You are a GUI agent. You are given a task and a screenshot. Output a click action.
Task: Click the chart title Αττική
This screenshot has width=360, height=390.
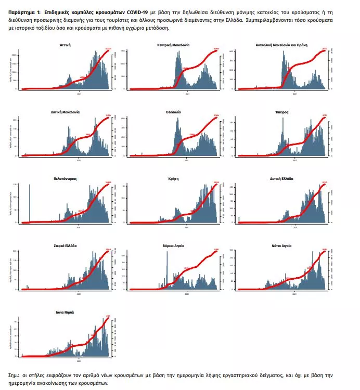[x=65, y=45]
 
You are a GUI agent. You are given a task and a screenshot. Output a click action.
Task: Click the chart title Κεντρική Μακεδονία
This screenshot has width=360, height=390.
[x=173, y=45]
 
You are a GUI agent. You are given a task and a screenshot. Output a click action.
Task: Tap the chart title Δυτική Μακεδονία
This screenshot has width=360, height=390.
[x=65, y=112]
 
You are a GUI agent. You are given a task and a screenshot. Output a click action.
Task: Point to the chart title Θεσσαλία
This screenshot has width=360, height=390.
[x=173, y=112]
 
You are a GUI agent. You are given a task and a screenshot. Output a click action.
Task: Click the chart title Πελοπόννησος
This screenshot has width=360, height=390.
[x=65, y=178]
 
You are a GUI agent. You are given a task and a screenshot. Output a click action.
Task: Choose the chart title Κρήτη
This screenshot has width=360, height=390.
[x=173, y=178]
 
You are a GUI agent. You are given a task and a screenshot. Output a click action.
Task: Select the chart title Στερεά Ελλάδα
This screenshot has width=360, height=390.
[x=65, y=245]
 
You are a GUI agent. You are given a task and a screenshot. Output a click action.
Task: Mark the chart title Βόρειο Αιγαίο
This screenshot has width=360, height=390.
[x=173, y=245]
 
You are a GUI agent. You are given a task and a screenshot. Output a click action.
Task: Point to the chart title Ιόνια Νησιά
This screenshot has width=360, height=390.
[x=65, y=312]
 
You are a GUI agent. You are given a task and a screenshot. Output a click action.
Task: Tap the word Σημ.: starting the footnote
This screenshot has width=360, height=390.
[x=15, y=375]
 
